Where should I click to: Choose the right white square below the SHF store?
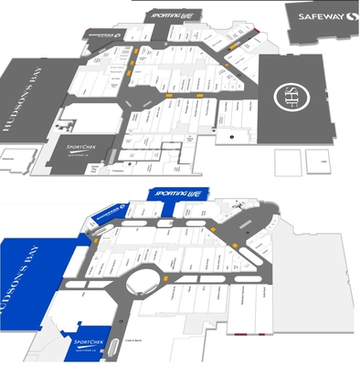[x=316, y=162]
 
